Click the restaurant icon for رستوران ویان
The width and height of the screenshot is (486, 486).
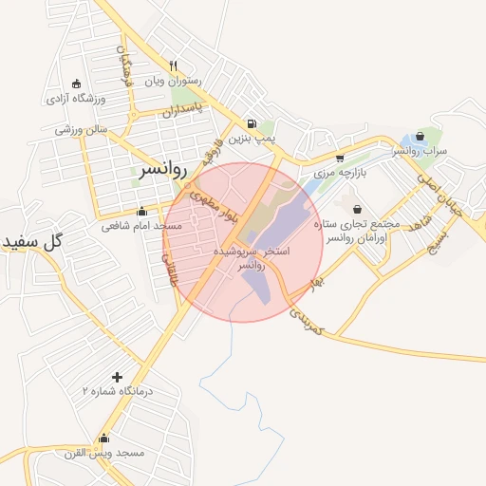coord(173,65)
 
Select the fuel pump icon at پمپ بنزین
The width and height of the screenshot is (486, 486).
coord(251,122)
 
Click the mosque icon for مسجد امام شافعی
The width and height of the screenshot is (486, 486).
coord(141,211)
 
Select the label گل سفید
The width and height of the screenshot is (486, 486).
coord(31,241)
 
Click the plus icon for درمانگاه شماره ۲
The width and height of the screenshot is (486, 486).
coord(117,377)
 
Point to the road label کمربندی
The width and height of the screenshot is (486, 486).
coord(308,319)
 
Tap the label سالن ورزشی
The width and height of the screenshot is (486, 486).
coord(82,129)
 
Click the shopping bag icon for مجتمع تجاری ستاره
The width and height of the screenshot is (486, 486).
coord(357,208)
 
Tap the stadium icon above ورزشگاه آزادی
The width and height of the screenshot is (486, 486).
coord(76,83)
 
